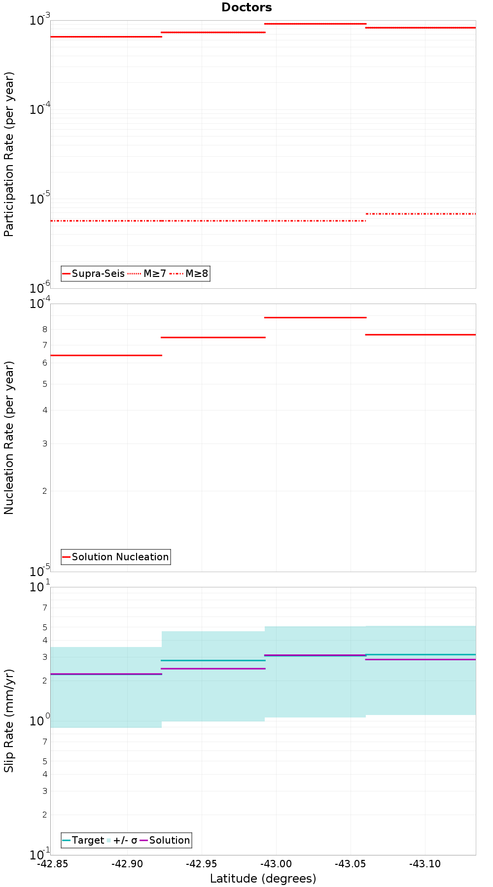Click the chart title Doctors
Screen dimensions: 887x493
pos(246,7)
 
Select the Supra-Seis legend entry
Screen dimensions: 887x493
pos(94,273)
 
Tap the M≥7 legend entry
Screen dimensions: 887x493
pos(147,273)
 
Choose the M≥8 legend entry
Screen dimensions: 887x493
pos(189,273)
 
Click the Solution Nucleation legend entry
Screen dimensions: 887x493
pos(116,557)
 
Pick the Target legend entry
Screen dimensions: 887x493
pos(83,840)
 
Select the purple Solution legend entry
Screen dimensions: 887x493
pos(165,840)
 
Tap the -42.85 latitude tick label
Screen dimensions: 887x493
pos(53,863)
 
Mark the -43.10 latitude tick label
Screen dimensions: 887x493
pos(425,863)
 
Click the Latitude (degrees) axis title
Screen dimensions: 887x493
pos(263,878)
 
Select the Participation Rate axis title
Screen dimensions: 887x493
pos(9,154)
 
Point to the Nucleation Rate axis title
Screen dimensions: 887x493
pos(9,438)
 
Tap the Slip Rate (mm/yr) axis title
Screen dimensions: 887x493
pos(9,721)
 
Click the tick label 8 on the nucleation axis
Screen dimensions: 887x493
pos(44,329)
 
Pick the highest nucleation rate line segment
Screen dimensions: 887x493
pos(316,317)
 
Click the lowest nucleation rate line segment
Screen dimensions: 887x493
pos(106,355)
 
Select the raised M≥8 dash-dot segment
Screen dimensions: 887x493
pos(421,214)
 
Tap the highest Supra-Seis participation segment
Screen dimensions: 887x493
pos(316,24)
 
